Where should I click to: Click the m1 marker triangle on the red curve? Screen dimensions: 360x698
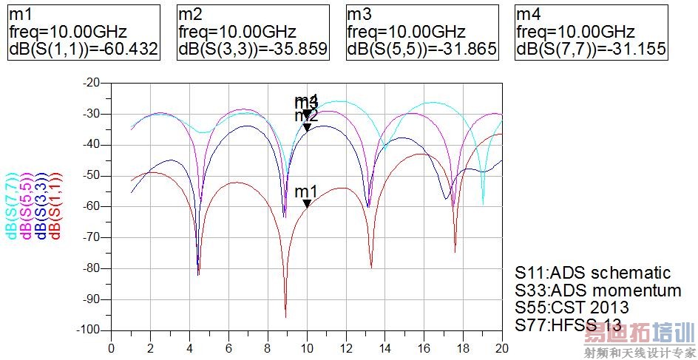pyautogui.click(x=307, y=203)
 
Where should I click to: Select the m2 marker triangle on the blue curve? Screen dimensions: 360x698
pyautogui.click(x=307, y=127)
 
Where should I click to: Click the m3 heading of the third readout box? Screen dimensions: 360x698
pyautogui.click(x=359, y=14)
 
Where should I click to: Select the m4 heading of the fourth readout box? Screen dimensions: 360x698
pyautogui.click(x=529, y=14)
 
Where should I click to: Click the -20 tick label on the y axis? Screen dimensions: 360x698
pyautogui.click(x=92, y=83)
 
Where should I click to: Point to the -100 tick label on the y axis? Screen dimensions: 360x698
pyautogui.click(x=89, y=330)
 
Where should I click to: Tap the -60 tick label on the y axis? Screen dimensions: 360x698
pyautogui.click(x=92, y=206)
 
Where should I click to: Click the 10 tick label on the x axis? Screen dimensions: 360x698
pyautogui.click(x=307, y=346)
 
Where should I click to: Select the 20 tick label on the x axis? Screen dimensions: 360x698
pyautogui.click(x=502, y=346)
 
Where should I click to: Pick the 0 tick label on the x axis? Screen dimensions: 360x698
pyautogui.click(x=112, y=346)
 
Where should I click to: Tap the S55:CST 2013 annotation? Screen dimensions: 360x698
pyautogui.click(x=572, y=307)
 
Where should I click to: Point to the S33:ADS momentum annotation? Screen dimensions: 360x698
pyautogui.click(x=598, y=290)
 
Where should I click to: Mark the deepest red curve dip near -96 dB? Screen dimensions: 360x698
pyautogui.click(x=285, y=317)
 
